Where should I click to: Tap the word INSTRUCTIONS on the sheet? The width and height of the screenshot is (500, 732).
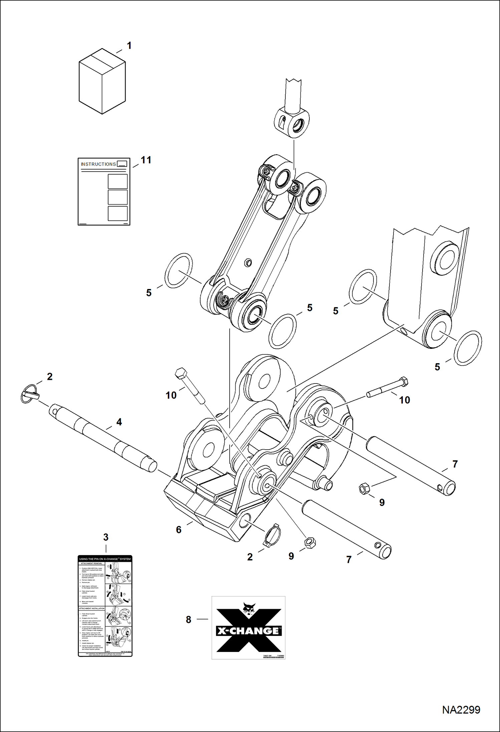point(98,164)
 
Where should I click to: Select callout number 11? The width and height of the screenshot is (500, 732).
point(146,160)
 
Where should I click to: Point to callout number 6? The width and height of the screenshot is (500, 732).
point(179,530)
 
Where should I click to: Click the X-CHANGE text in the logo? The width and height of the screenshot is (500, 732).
point(248,631)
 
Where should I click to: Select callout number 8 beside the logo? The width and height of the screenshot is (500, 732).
point(189,620)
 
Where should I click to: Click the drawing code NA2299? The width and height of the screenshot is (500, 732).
point(461,710)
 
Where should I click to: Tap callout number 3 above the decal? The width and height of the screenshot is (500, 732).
point(106,537)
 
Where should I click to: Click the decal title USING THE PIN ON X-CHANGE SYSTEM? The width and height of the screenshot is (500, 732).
point(105,559)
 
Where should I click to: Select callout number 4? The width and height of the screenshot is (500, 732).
point(119,422)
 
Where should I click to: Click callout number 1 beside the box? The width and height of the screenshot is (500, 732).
point(129,46)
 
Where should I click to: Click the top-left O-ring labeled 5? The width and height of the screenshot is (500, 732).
point(179,270)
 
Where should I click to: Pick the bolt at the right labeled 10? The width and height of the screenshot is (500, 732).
point(387,388)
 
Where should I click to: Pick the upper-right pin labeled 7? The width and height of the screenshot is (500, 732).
point(410,466)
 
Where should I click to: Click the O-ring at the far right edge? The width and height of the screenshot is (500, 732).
point(468,348)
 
